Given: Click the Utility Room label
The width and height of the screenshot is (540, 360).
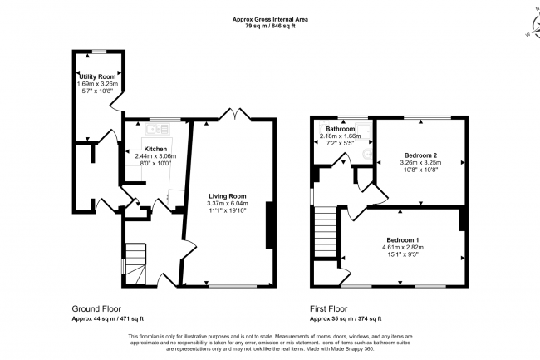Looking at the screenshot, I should point(96,76).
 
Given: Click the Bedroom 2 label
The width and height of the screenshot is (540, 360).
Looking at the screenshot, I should point(421,155).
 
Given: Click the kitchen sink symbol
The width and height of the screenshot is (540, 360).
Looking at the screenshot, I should point(155,129).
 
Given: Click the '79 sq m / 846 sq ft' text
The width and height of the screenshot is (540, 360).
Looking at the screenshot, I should point(269,26).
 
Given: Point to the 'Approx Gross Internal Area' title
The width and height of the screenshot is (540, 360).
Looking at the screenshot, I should point(269,17).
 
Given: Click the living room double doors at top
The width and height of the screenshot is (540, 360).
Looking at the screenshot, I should point(235,115).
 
